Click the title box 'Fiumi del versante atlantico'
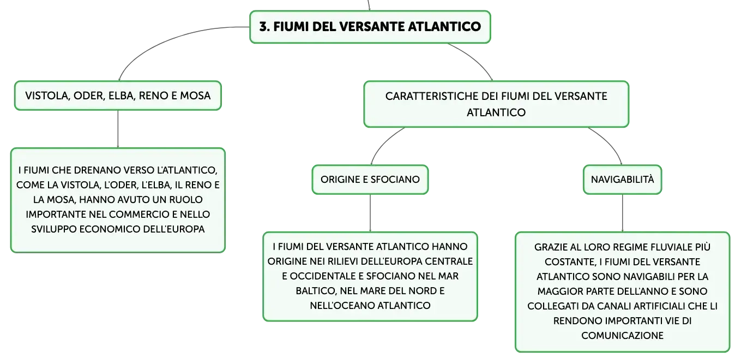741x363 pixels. click(370, 27)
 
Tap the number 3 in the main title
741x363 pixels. click(263, 27)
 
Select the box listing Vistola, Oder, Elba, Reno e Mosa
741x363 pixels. click(118, 96)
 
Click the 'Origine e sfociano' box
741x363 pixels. click(370, 180)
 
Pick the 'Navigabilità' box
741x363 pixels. click(622, 180)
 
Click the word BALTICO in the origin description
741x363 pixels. click(316, 290)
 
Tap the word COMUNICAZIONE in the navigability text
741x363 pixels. click(622, 336)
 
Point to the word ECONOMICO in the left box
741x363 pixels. click(111, 229)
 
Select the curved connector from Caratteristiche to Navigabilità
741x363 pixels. click(610, 142)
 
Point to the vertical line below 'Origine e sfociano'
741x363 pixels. click(370, 213)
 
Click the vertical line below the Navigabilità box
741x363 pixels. click(623, 213)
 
